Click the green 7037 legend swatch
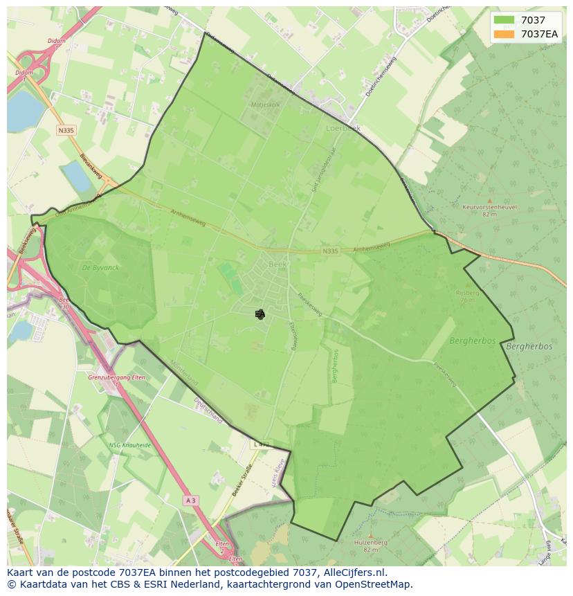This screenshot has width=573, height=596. point(504,20)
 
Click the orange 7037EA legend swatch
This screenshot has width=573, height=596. point(504,33)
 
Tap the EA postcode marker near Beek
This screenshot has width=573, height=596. point(260,314)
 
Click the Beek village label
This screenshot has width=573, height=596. point(277,264)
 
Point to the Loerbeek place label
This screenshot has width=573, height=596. point(343,128)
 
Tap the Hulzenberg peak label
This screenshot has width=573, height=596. point(370,545)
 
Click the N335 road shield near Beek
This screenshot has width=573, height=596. point(330,251)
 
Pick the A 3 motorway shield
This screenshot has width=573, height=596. point(192,499)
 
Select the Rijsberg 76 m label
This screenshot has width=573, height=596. point(467,296)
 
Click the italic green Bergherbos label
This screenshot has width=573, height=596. point(472,341)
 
